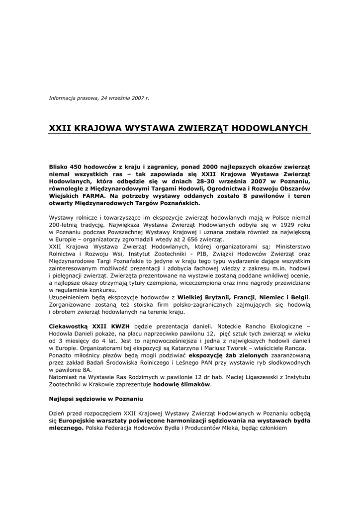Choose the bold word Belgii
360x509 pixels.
297,297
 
